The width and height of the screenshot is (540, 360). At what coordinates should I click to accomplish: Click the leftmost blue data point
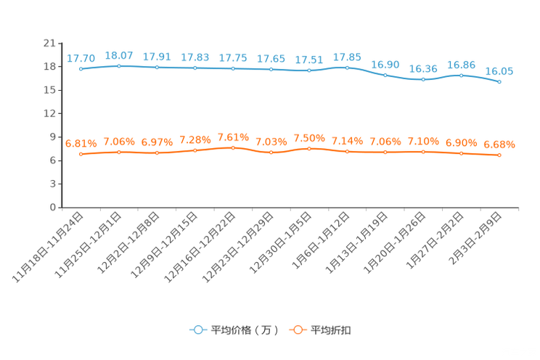pyautogui.click(x=81, y=69)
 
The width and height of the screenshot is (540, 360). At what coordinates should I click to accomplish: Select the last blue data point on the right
pyautogui.click(x=499, y=81)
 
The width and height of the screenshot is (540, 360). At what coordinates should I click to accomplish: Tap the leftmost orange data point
pyautogui.click(x=81, y=155)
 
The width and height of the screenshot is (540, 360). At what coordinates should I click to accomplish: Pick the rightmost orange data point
pyautogui.click(x=499, y=155)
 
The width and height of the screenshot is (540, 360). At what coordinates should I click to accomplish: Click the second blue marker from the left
pyautogui.click(x=119, y=66)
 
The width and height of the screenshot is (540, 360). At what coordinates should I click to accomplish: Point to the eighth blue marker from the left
pyautogui.click(x=347, y=67)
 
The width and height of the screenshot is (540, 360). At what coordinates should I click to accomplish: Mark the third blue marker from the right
pyautogui.click(x=423, y=78)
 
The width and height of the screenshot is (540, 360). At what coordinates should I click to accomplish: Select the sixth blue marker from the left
pyautogui.click(x=271, y=70)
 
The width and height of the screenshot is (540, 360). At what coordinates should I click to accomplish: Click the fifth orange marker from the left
pyautogui.click(x=233, y=148)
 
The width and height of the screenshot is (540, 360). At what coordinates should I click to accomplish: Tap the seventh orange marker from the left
pyautogui.click(x=309, y=149)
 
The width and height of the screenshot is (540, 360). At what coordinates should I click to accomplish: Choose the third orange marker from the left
pyautogui.click(x=157, y=153)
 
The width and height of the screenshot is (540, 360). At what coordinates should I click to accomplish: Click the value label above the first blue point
pyautogui.click(x=81, y=58)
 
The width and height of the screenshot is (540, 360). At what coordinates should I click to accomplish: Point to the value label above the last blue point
pyautogui.click(x=499, y=70)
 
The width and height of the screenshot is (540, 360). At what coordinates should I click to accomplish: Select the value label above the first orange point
pyautogui.click(x=81, y=144)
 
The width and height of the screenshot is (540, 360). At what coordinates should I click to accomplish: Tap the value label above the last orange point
pyautogui.click(x=499, y=144)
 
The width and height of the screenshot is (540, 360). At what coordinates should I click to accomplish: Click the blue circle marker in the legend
pyautogui.click(x=197, y=330)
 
